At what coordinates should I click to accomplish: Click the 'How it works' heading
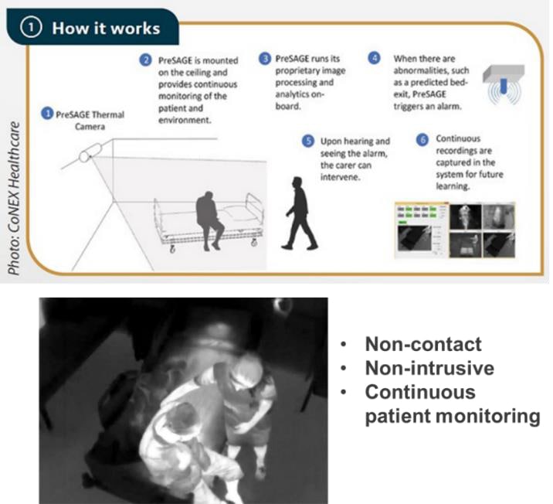point(105,28)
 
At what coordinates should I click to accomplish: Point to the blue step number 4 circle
point(374,59)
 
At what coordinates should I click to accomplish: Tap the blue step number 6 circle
point(422,140)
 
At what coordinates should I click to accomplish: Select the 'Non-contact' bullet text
point(423,345)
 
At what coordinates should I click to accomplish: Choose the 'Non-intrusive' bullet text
point(429,369)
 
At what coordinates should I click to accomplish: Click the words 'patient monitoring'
point(452,417)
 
